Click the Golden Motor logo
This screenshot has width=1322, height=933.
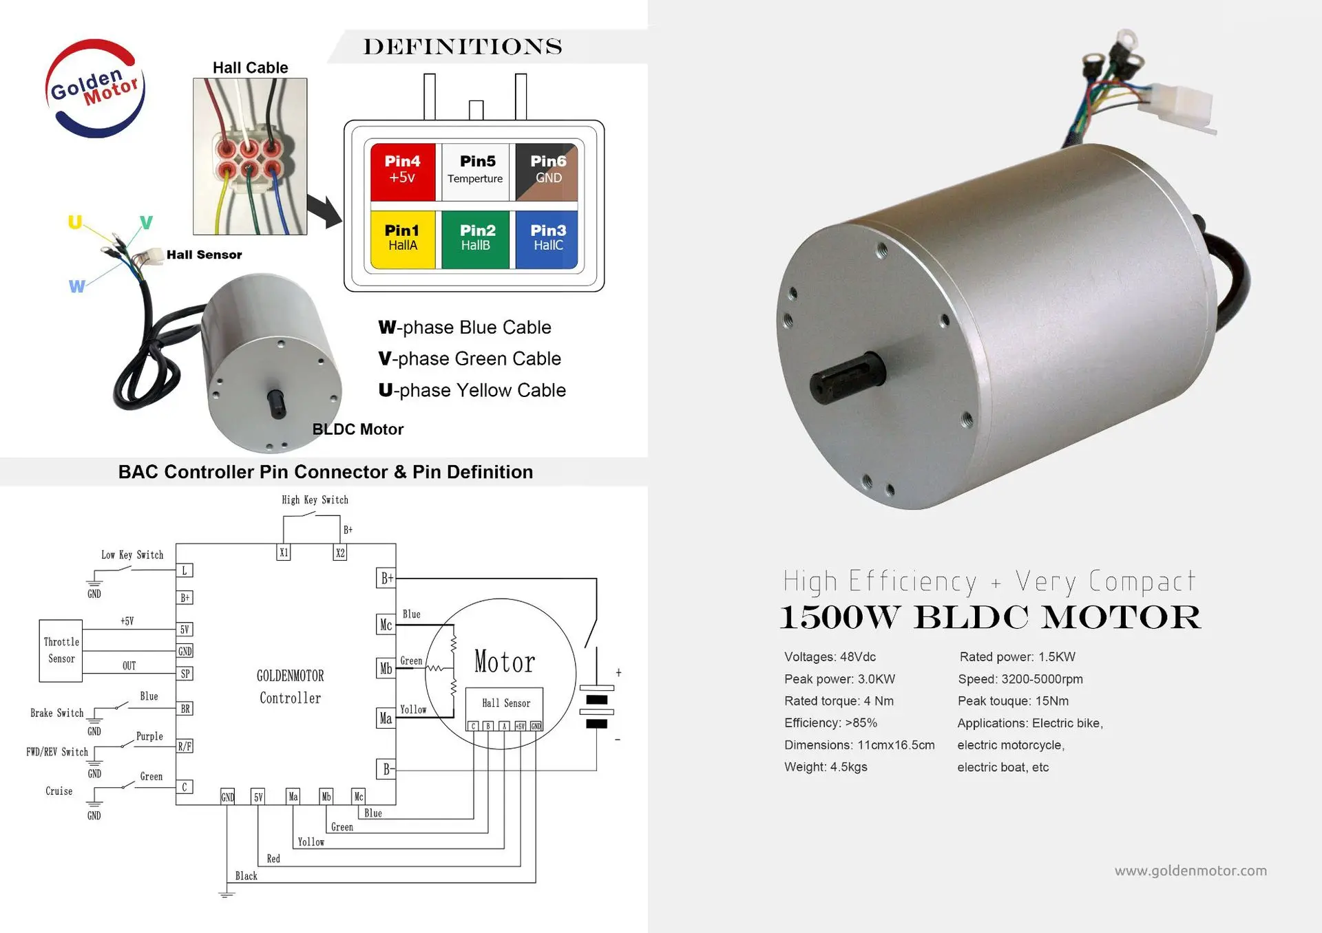click(x=95, y=88)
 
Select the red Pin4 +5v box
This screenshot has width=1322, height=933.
click(x=403, y=171)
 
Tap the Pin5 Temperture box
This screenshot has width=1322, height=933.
click(x=476, y=171)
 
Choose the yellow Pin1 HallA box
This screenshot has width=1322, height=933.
click(x=403, y=238)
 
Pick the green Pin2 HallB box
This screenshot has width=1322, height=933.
click(x=476, y=238)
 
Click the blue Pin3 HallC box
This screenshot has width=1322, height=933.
click(x=548, y=238)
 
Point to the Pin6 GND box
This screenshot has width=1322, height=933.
click(x=547, y=171)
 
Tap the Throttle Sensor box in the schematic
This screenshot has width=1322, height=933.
click(x=61, y=650)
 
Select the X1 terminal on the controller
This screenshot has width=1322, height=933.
click(x=284, y=553)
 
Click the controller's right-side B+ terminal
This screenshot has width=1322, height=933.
click(x=387, y=578)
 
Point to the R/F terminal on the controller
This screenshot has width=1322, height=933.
click(x=185, y=746)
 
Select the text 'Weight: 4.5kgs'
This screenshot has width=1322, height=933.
click(x=826, y=766)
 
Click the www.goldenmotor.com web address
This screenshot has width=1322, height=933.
click(x=1190, y=870)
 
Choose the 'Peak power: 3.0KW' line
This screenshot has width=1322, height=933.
click(x=839, y=679)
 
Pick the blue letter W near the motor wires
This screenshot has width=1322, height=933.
click(x=77, y=286)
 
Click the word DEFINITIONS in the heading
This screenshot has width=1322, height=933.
click(x=463, y=47)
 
